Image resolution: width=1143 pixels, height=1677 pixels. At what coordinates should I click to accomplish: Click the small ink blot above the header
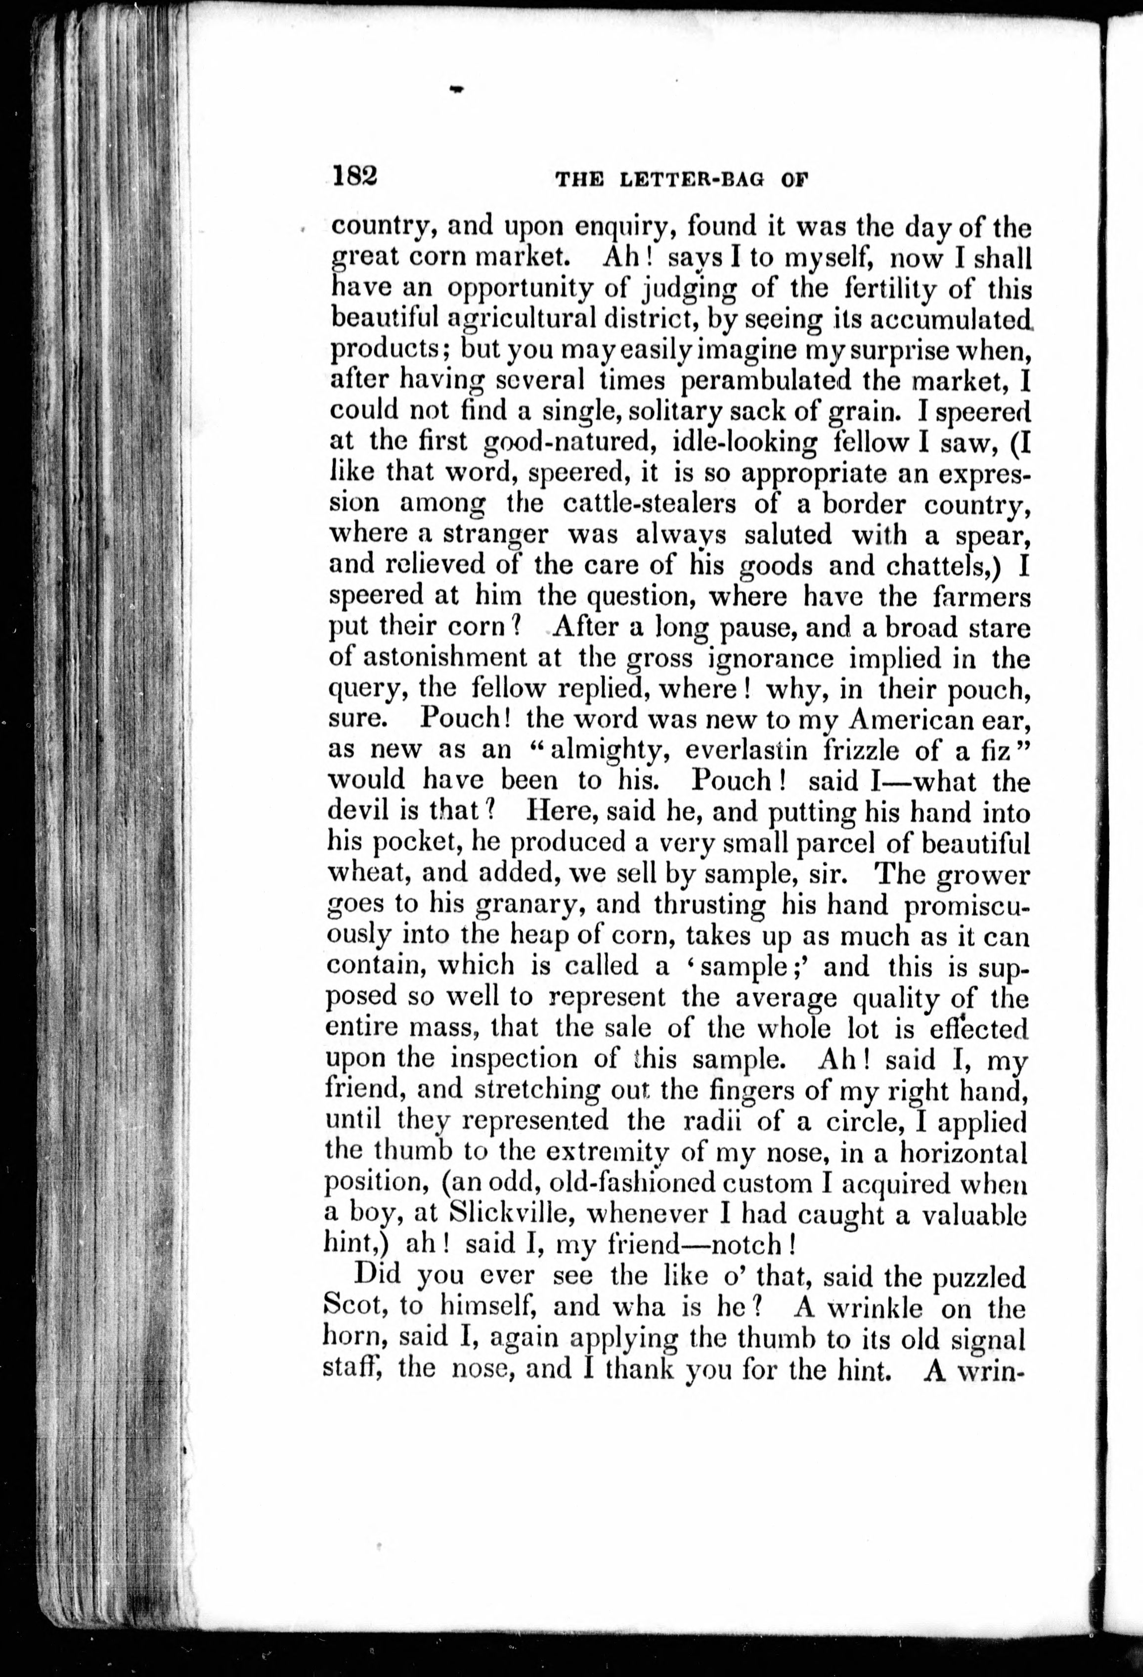(x=455, y=89)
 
